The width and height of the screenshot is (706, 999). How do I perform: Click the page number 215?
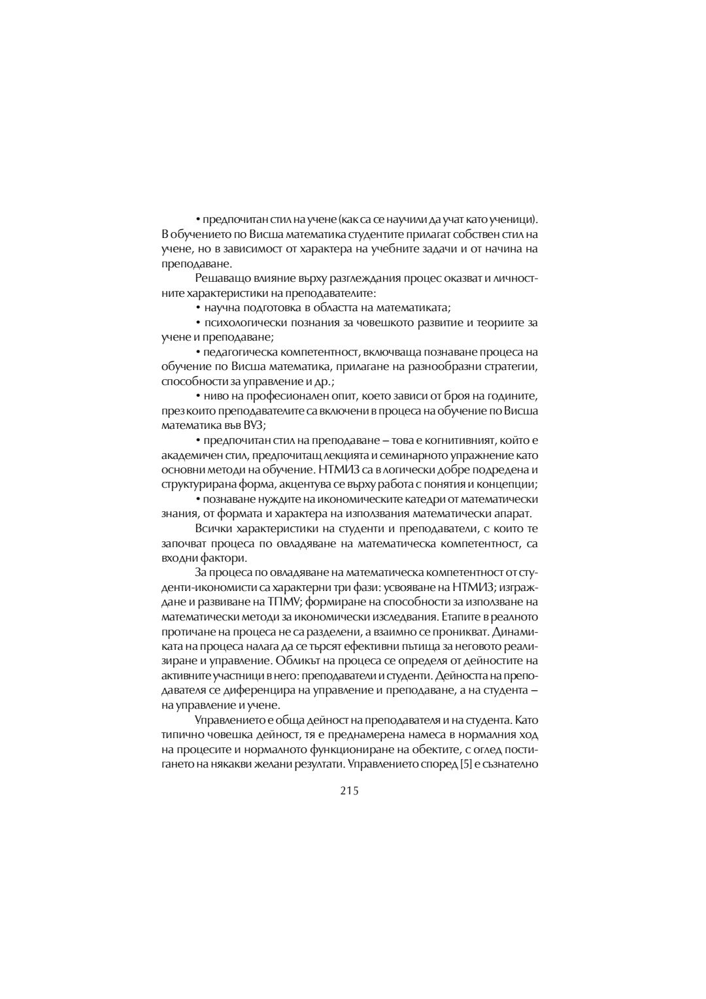(350, 791)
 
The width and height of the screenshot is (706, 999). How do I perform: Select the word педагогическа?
(239, 352)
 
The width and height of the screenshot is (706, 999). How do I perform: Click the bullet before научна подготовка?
(197, 309)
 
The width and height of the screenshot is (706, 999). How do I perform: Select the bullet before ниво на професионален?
(197, 396)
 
